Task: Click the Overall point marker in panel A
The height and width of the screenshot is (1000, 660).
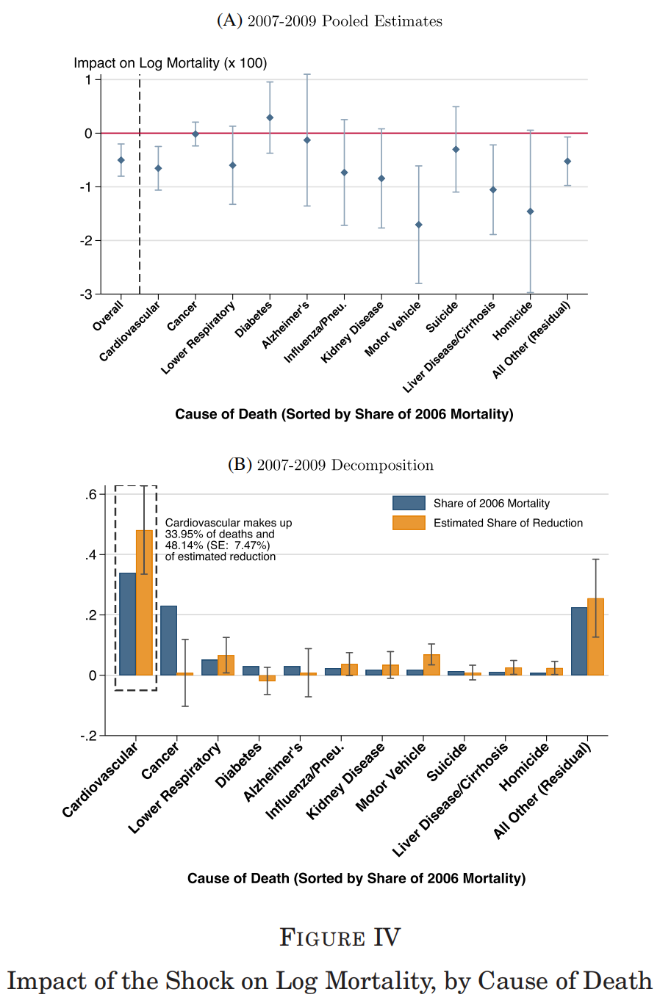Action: [x=121, y=160]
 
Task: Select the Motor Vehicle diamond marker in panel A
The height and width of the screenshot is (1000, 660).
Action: [x=419, y=225]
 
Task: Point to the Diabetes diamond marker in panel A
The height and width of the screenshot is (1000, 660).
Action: [x=270, y=117]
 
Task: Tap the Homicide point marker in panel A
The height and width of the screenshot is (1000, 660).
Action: [x=531, y=211]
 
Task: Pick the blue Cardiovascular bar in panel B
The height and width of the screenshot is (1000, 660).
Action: [x=127, y=623]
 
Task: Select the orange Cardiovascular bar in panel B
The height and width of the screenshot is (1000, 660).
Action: [x=144, y=602]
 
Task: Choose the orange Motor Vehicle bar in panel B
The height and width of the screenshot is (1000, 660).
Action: [x=431, y=664]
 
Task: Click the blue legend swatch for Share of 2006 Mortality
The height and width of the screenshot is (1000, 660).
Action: [x=409, y=503]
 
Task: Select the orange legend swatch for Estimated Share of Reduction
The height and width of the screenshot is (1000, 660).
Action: [x=409, y=523]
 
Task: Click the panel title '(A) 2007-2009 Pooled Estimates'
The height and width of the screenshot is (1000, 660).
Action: [x=329, y=21]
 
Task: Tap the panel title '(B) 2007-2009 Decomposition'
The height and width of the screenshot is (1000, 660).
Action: [x=330, y=465]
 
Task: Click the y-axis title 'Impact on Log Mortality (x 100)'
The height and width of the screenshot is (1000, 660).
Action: [x=170, y=63]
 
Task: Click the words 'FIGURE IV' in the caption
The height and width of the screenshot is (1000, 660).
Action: [x=340, y=938]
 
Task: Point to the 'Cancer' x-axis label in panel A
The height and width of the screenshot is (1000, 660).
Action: [x=183, y=316]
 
